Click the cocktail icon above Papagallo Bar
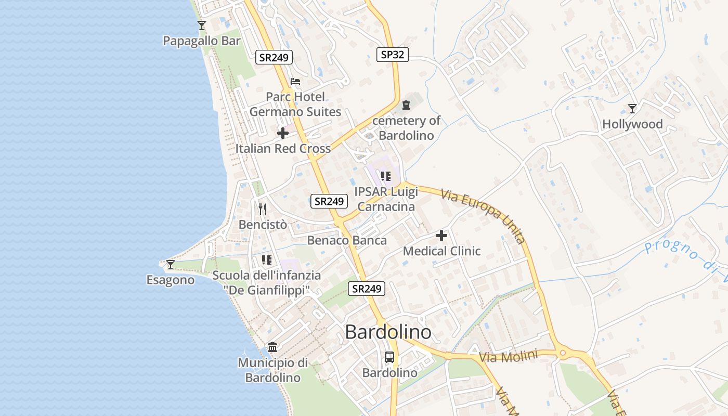point(202,25)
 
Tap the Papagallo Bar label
point(202,41)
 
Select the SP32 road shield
point(393,54)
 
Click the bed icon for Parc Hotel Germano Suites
point(295,81)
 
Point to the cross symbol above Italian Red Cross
point(283,133)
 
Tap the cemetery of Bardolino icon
point(406,105)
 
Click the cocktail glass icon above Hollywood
point(632,108)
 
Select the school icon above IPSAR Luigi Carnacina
point(385,176)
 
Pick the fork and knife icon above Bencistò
point(263,209)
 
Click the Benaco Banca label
point(347,240)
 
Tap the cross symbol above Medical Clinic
point(441,236)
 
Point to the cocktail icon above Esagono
point(170,265)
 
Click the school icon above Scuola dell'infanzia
point(267,260)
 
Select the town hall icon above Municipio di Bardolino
point(272,347)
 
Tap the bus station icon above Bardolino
point(389,357)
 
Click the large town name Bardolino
point(388,332)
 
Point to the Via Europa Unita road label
point(484,216)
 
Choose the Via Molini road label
point(508,357)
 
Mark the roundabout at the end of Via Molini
point(562,354)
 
